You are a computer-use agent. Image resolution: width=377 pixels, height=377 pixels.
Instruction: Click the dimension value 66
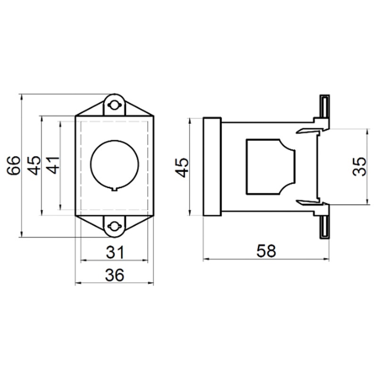[13, 166]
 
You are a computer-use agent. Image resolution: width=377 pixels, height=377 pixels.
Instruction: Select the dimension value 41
[53, 165]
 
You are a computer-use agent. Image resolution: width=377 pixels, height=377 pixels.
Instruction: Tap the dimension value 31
[115, 252]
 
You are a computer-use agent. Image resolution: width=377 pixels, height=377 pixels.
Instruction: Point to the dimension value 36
[115, 275]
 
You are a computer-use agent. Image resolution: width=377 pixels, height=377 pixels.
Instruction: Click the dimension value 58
[266, 251]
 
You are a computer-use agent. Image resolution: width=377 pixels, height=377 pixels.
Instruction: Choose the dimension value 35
[360, 167]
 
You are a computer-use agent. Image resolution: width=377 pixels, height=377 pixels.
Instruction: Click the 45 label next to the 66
[34, 165]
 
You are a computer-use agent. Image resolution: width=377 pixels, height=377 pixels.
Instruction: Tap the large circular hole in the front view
[115, 164]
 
